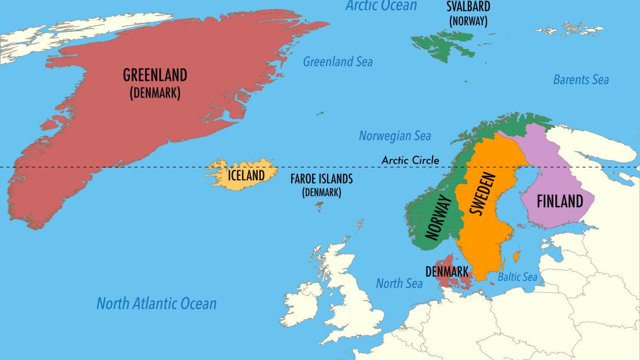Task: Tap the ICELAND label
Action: [x=246, y=175]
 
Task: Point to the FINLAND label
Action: [x=559, y=202]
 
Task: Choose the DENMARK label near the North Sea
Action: [x=447, y=270]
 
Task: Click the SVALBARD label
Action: [x=468, y=7]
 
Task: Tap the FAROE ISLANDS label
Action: [x=321, y=179]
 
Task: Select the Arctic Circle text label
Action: [x=410, y=160]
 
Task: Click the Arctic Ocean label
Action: [x=381, y=6]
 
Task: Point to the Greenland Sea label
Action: [x=338, y=61]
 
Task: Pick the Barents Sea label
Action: [x=580, y=79]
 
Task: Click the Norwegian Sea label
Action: [x=395, y=135]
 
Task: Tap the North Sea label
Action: [x=399, y=283]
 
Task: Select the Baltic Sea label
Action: [x=517, y=277]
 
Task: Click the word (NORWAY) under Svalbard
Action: [x=468, y=21]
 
